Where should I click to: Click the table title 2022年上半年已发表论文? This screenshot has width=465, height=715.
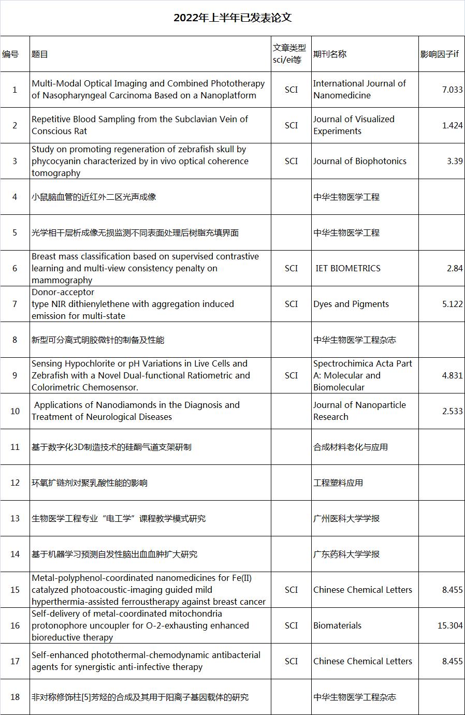click(232, 18)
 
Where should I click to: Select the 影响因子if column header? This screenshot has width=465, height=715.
click(439, 54)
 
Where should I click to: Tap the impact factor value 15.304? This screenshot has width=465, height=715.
click(449, 625)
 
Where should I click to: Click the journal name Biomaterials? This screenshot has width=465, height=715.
click(337, 625)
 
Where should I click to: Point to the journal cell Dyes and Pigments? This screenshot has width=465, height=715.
click(351, 304)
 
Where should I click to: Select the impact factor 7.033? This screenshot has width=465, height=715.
click(452, 90)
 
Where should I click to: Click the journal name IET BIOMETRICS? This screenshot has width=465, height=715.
click(348, 268)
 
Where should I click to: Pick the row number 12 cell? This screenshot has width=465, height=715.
click(15, 483)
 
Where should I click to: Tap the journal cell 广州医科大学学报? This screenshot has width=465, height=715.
click(346, 518)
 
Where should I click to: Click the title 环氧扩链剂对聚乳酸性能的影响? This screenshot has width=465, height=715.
click(90, 483)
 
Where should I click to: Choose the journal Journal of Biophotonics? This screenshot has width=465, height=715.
click(359, 161)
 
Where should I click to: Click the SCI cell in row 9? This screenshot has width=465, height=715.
click(291, 375)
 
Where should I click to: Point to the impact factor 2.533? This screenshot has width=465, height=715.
click(452, 411)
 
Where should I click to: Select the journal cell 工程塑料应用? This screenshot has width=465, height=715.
click(338, 483)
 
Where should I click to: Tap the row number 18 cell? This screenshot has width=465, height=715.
click(15, 697)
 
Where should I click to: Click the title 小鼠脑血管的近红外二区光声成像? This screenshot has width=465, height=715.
click(94, 197)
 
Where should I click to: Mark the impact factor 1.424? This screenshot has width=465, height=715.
click(452, 125)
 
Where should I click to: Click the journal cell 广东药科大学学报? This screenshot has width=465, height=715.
click(346, 554)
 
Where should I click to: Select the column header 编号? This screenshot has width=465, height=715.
click(10, 54)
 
